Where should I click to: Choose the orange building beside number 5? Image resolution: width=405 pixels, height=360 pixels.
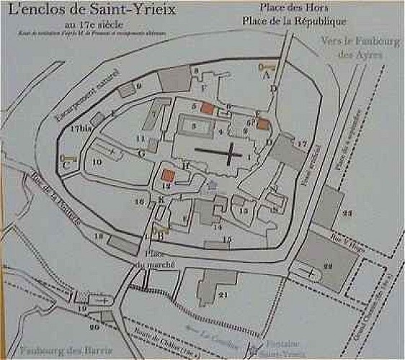pyautogui.click(x=207, y=108)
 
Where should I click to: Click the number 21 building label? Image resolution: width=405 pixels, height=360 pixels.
pyautogui.click(x=223, y=294)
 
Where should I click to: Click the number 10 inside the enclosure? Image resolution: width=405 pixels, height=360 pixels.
pyautogui.click(x=96, y=163)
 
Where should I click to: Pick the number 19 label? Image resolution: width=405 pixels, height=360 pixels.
pyautogui.click(x=81, y=308)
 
